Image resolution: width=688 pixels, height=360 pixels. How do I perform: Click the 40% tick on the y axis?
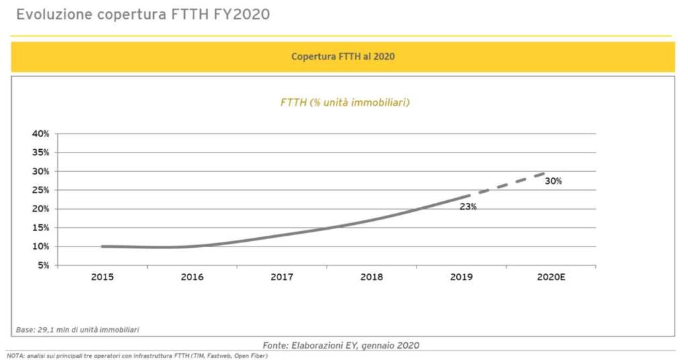pos(40,134)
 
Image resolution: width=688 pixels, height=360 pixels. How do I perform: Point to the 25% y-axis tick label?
pos(40,190)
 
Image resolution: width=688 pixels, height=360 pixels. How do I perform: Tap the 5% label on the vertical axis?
pos(43,265)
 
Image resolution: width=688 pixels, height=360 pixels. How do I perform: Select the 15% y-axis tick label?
pos(40,228)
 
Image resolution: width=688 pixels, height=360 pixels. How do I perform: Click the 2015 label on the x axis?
pos(102,277)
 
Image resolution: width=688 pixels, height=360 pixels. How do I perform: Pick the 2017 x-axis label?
pos(282,277)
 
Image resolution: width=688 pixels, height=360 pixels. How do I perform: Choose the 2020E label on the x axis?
pos(552,277)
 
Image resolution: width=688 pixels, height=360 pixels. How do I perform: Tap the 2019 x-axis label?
pos(462,277)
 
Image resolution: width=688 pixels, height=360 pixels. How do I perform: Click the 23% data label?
pos(468,207)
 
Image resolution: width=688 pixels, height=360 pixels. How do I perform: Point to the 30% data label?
pos(553,181)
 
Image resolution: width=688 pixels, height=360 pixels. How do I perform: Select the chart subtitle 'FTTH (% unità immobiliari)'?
pos(345,103)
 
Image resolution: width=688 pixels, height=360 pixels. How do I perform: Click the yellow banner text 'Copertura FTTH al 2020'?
pos(343,57)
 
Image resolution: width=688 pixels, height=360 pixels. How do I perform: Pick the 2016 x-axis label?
pos(192,277)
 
